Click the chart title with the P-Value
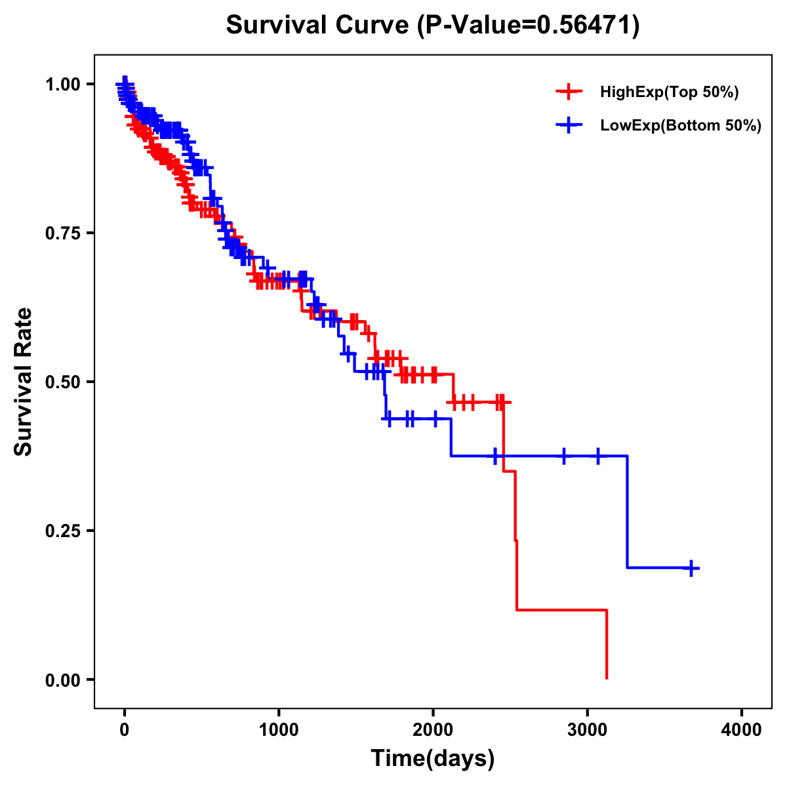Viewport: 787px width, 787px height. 433,25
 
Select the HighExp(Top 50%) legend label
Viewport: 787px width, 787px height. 670,92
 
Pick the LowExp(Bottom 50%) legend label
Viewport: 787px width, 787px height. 681,126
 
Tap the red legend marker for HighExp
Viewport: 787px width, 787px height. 569,92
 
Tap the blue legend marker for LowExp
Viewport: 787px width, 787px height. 569,125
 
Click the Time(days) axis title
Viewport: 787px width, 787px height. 433,759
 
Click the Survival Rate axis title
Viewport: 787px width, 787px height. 24,382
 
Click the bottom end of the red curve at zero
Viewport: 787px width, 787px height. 607,677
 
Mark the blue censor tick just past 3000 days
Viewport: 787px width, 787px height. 598,456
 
